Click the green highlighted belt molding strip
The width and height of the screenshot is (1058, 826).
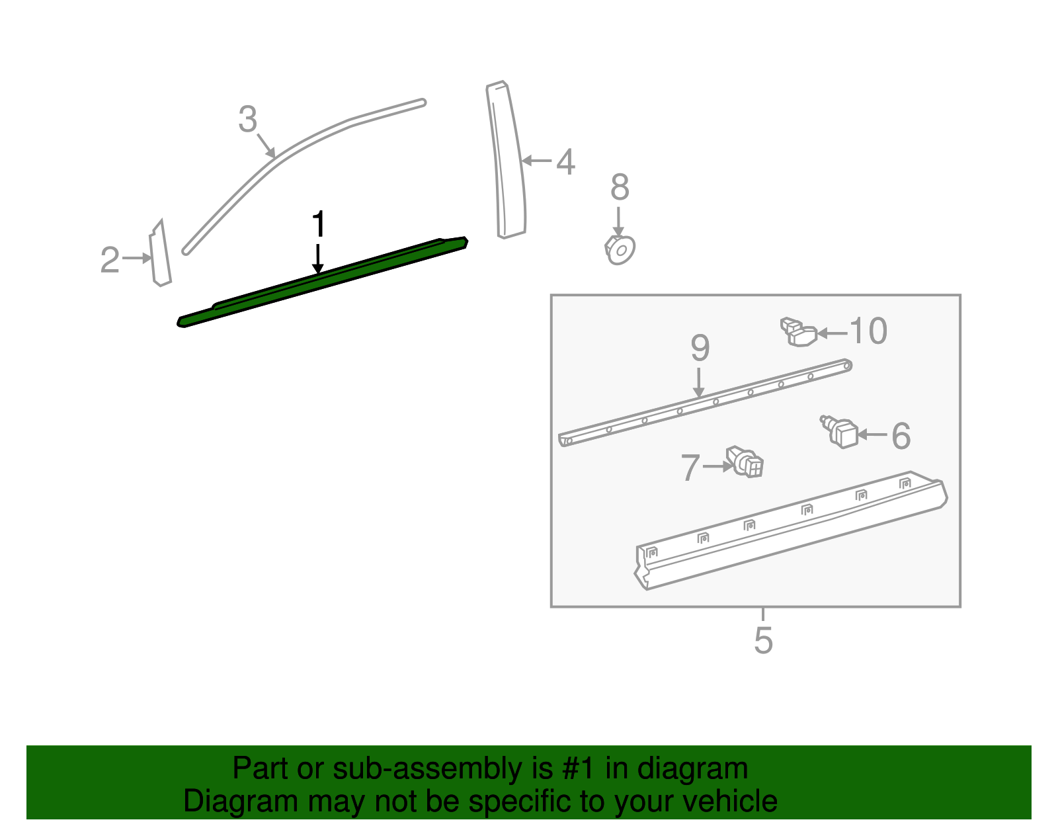click(x=322, y=282)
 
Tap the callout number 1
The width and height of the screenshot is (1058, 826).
click(x=319, y=224)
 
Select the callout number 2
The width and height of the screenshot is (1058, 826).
click(x=110, y=259)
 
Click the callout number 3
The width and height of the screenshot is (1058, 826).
click(x=247, y=119)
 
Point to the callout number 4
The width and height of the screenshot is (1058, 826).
click(x=565, y=161)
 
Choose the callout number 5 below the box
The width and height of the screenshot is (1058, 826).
click(x=764, y=640)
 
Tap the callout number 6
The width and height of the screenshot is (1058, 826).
click(x=901, y=436)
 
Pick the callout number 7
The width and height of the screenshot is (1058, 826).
click(x=690, y=468)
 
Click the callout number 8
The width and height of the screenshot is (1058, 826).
click(x=620, y=187)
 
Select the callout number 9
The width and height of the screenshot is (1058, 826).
click(x=700, y=348)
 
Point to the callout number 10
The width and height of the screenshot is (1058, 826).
click(x=869, y=331)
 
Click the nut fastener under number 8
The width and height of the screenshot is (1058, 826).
click(x=620, y=250)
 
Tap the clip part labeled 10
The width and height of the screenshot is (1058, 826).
click(x=799, y=332)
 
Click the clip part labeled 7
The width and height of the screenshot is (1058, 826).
click(x=745, y=462)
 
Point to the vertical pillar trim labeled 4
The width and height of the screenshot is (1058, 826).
click(x=507, y=159)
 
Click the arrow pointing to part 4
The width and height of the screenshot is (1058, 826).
click(x=536, y=160)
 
